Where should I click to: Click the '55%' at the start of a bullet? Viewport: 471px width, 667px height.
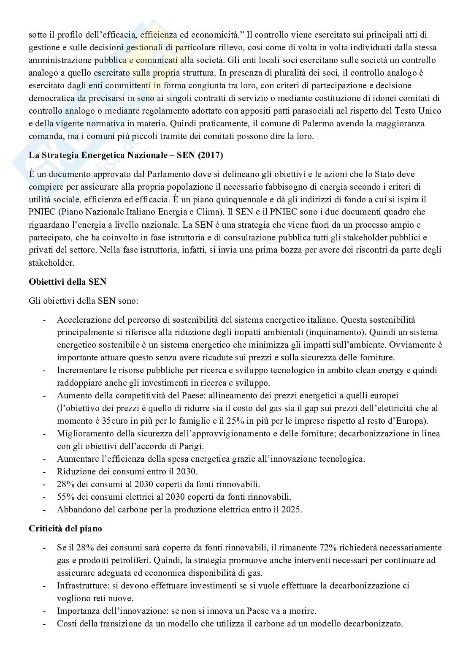65,497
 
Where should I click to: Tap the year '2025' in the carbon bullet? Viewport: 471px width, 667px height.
292,509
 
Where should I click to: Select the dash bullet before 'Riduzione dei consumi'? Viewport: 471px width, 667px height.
44,471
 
